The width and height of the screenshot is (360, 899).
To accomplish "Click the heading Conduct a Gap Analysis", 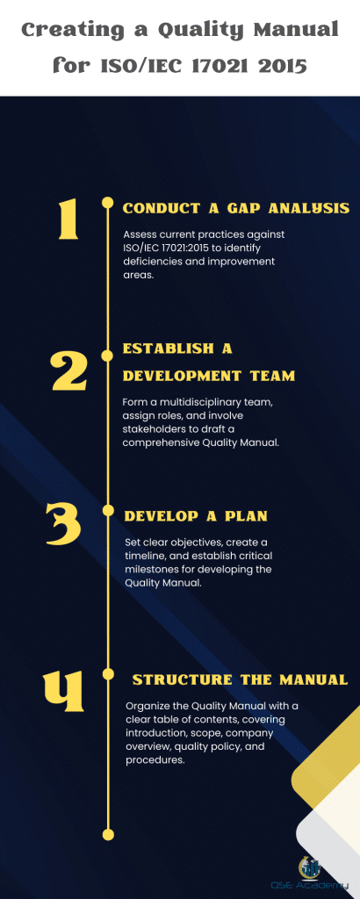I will [x=235, y=208].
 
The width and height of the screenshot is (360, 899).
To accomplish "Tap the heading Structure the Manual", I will [x=240, y=680].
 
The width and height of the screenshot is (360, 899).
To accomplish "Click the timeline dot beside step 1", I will [x=108, y=203].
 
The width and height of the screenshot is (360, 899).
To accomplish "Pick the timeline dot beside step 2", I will [x=108, y=355].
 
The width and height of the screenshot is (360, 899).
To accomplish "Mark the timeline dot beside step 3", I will [x=108, y=509].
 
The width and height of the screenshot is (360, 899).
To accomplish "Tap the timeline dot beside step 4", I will [x=108, y=673].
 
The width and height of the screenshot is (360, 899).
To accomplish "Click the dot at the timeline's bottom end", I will [x=108, y=833].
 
